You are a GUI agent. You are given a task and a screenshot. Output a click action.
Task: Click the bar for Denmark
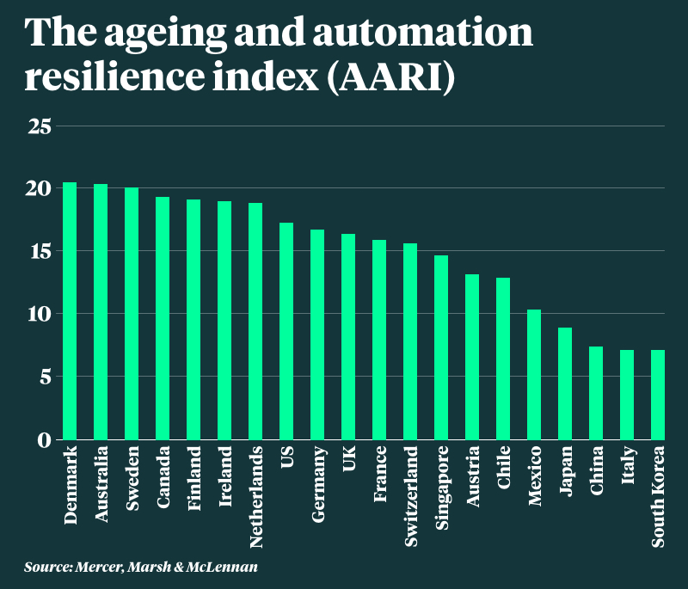pos(70,311)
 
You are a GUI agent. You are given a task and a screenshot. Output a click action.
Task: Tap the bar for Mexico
pos(534,375)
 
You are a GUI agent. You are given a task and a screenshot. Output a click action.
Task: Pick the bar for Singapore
pos(441,347)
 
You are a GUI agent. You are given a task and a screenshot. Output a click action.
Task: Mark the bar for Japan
pos(565,383)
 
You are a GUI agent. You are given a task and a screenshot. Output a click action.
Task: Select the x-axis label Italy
pos(627,465)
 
